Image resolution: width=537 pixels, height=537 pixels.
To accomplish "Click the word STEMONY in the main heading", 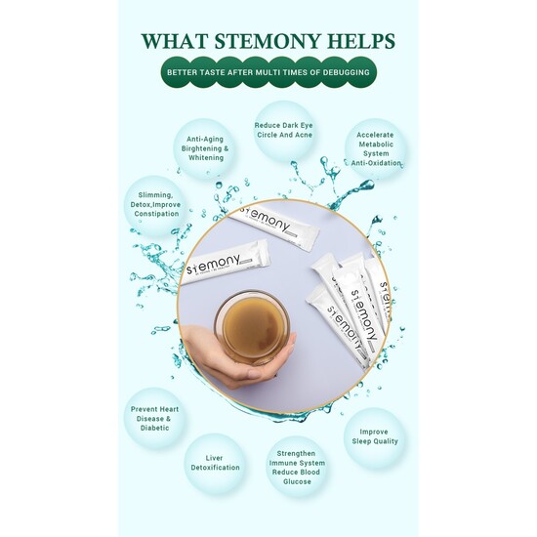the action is pyautogui.click(x=267, y=41).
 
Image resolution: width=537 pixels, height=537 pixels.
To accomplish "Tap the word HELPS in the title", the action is pyautogui.click(x=360, y=41).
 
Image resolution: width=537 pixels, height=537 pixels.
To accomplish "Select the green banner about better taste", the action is pyautogui.click(x=268, y=72).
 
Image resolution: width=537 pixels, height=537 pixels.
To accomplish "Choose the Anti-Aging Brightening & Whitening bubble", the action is pyautogui.click(x=205, y=148).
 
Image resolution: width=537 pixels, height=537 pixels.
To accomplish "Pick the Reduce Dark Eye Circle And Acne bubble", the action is pyautogui.click(x=284, y=131).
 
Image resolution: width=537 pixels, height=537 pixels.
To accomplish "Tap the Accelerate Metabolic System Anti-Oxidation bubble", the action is pyautogui.click(x=376, y=149).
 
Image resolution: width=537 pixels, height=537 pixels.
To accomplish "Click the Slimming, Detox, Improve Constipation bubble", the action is pyautogui.click(x=155, y=205).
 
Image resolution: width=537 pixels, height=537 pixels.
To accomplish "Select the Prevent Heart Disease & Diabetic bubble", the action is pyautogui.click(x=155, y=419).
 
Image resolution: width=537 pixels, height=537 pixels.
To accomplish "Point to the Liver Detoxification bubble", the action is pyautogui.click(x=215, y=463).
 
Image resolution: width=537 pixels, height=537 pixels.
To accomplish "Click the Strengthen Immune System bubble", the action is pyautogui.click(x=297, y=467).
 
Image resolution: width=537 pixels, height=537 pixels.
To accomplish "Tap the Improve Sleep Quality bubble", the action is pyautogui.click(x=375, y=437).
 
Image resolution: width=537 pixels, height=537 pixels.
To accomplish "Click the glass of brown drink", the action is pyautogui.click(x=252, y=327).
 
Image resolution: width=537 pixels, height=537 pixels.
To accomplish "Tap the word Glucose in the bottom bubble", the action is pyautogui.click(x=297, y=481).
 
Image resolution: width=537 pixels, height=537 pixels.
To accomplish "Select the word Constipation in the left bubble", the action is pyautogui.click(x=156, y=214).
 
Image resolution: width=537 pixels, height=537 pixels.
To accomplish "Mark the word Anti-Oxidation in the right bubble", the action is pyautogui.click(x=376, y=163).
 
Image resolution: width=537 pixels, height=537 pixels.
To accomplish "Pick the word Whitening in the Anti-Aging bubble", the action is pyautogui.click(x=206, y=158).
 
